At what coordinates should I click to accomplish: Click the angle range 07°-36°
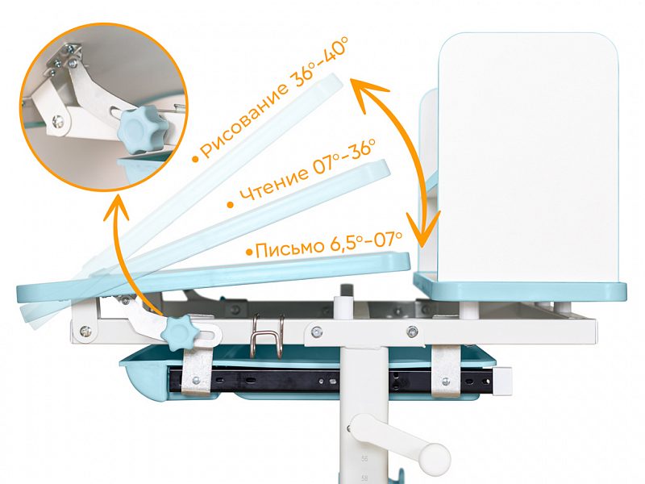pos(344,156)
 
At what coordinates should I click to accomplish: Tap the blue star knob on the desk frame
pos(179,333)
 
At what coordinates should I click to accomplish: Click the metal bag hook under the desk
pos(267,334)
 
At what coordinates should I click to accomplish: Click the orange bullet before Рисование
pos(195,159)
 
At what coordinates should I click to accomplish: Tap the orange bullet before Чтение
pos(231,205)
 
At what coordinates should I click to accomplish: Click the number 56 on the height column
pos(364,458)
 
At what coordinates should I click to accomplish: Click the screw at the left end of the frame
pos(85,331)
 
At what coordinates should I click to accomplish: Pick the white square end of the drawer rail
pos(501,381)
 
